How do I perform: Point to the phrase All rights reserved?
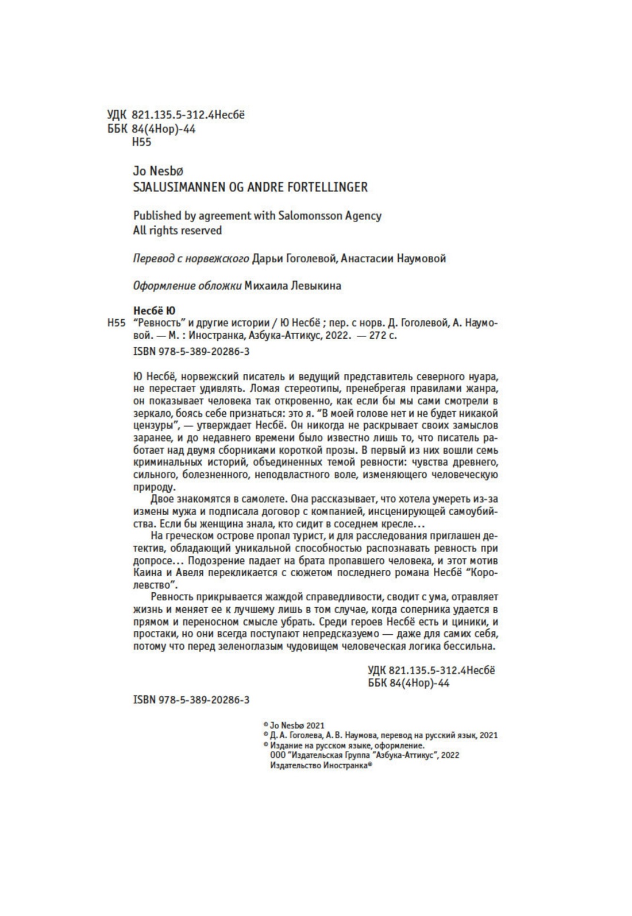click(x=177, y=231)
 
